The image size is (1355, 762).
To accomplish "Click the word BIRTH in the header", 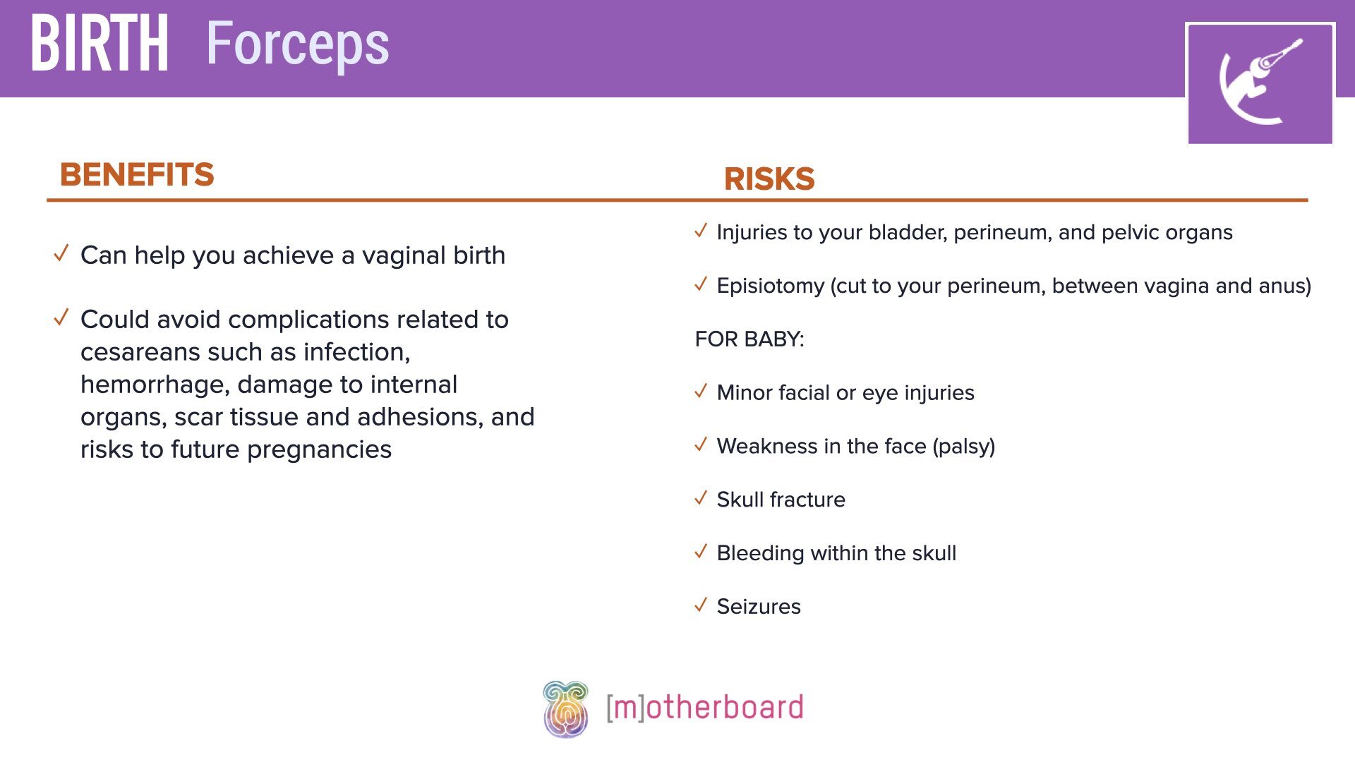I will tap(100, 44).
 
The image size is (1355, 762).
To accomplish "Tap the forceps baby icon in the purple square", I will tap(1260, 83).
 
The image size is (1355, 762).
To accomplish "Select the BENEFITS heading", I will tap(137, 174).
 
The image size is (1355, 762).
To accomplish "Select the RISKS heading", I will tap(769, 179).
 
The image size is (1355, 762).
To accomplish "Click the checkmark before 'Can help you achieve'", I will tap(61, 253).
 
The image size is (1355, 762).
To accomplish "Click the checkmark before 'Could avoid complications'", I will tap(61, 317).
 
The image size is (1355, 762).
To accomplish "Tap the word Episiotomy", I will tap(770, 286).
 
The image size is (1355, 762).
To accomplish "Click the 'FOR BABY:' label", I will tap(749, 339).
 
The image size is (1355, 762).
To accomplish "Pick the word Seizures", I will tap(759, 607).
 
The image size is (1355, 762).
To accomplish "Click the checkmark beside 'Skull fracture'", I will tap(701, 498).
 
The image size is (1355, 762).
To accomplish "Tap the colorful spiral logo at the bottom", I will tap(565, 708).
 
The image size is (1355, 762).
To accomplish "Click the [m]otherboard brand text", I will tap(704, 708).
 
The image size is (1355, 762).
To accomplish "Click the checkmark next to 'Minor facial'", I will tap(701, 392).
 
